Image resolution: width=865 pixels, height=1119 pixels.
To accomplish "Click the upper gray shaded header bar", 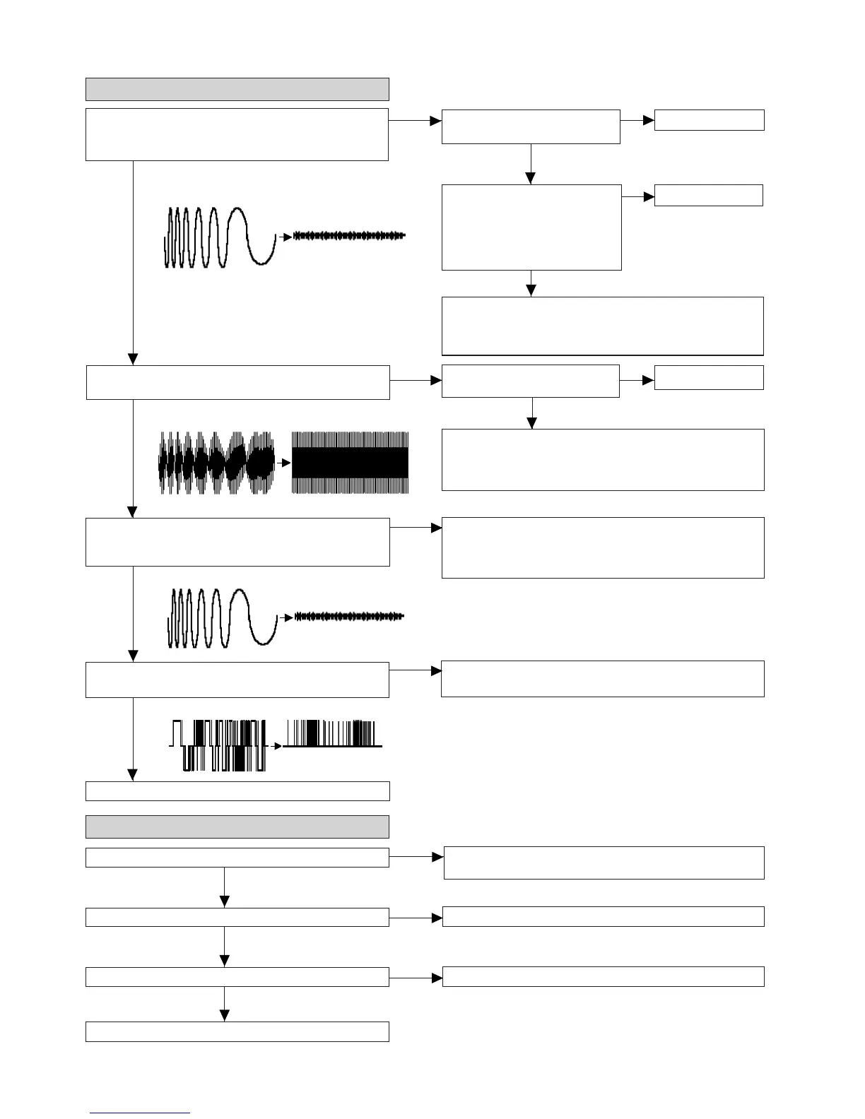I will click(237, 89).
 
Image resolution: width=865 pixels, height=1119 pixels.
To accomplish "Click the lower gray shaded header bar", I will click(237, 827).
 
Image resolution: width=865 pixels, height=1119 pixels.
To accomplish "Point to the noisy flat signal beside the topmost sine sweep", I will click(349, 236).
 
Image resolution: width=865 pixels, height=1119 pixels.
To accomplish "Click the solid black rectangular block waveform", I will click(350, 463).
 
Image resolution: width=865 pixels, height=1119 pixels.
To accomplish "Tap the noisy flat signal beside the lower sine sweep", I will click(349, 617).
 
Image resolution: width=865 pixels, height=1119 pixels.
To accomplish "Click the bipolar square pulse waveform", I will click(218, 745).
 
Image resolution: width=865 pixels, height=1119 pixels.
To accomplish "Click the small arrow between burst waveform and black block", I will click(284, 463).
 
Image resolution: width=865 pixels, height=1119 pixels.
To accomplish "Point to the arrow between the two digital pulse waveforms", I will click(276, 746).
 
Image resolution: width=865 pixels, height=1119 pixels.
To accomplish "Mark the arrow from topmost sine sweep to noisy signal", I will click(286, 237).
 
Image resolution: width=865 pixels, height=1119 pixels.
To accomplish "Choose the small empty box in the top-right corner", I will click(709, 120).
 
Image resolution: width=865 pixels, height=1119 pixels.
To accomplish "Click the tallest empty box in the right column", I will click(531, 227).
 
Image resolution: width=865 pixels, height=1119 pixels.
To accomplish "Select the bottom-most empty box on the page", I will click(237, 1031).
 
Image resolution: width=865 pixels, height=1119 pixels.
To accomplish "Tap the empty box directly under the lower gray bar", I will click(237, 857).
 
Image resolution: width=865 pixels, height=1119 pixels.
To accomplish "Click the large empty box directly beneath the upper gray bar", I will click(237, 134).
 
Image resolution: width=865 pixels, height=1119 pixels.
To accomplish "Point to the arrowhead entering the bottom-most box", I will click(225, 1016).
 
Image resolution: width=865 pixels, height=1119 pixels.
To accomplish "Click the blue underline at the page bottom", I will click(140, 1113).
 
